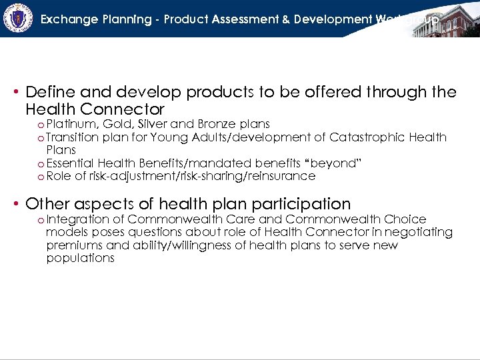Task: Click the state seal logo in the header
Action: [18, 18]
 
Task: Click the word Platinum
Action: [73, 124]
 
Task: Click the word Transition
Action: [75, 137]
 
